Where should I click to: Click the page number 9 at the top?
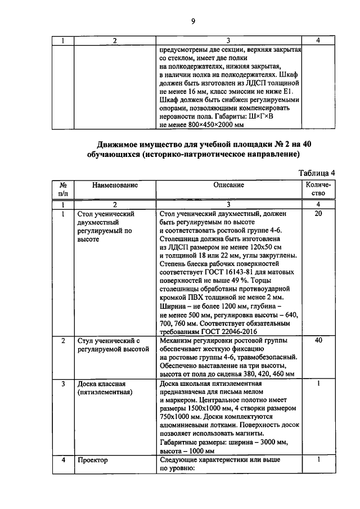[x=193, y=21]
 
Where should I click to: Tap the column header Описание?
[x=228, y=185]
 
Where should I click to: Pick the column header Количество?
[x=318, y=190]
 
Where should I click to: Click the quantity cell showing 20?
[x=318, y=214]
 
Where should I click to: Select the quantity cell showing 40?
[x=318, y=341]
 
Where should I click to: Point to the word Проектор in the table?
[x=93, y=460]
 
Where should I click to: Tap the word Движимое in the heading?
[x=115, y=144]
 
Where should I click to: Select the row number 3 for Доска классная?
[x=63, y=384]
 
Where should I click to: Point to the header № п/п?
[x=63, y=190]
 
